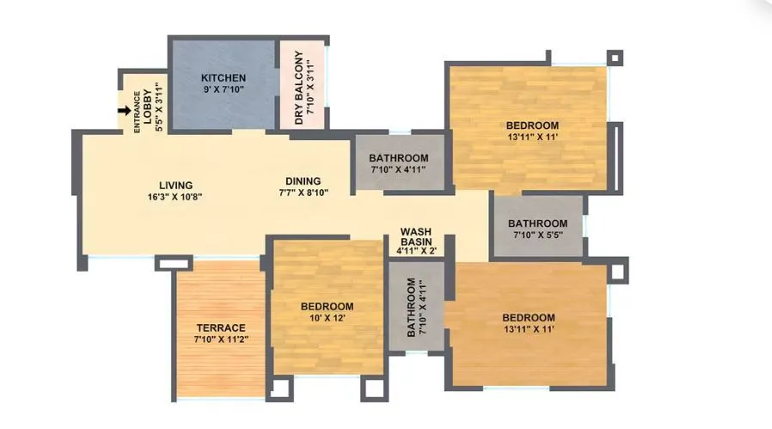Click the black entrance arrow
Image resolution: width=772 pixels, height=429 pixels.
pos(125,110)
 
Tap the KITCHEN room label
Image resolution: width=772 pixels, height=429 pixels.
pos(224,77)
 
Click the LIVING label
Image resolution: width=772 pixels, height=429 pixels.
pos(175,185)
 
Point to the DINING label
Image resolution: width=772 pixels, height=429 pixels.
pos(303,181)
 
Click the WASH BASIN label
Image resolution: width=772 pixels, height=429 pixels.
pos(416,236)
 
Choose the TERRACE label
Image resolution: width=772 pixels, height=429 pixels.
pos(221,328)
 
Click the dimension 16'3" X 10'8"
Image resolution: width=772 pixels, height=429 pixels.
pos(175,196)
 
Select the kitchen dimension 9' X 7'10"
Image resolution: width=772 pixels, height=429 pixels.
pos(224,89)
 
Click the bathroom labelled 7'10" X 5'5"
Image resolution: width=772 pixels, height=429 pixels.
pos(537,229)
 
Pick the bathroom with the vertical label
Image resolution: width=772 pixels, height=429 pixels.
pos(416,307)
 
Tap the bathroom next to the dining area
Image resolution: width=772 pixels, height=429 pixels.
pos(399,163)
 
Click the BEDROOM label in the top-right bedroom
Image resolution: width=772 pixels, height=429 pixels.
pos(533,126)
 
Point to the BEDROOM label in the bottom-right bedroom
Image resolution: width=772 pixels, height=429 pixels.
pos(529,317)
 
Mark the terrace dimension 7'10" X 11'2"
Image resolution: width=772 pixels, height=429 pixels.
pos(221,339)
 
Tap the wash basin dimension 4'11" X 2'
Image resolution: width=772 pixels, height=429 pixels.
pos(416,251)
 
